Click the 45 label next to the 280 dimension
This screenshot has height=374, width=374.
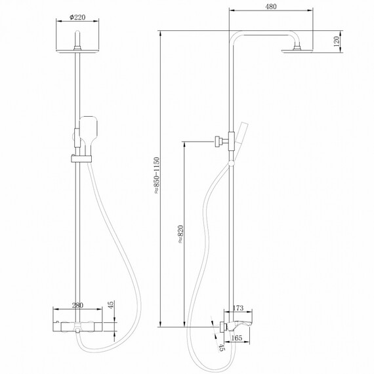[x=112, y=305]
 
